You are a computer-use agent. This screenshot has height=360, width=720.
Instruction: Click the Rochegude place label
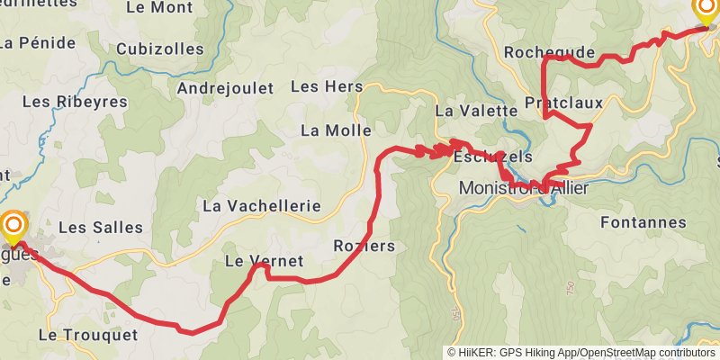tap(549, 52)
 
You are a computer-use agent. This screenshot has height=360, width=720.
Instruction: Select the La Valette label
tap(472, 111)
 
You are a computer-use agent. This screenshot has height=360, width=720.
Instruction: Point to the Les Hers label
tap(327, 87)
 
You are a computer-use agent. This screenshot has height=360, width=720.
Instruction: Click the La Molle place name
tap(336, 130)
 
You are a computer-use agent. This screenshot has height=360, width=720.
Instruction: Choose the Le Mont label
tap(160, 7)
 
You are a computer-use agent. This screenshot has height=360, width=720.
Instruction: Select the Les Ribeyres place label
tap(75, 102)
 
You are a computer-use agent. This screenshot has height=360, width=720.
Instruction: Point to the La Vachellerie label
tap(262, 205)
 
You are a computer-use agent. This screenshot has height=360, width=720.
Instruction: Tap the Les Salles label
tap(101, 227)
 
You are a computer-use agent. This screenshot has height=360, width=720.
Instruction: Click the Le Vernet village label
tap(263, 262)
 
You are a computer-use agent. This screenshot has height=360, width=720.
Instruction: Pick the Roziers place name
tap(364, 246)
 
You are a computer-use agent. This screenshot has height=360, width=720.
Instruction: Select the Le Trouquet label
tap(88, 335)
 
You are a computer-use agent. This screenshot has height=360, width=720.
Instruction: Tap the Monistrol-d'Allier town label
tap(524, 188)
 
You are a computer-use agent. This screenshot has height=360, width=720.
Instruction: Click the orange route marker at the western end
tap(14, 225)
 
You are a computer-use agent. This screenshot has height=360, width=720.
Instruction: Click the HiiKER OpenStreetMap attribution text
tap(582, 352)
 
